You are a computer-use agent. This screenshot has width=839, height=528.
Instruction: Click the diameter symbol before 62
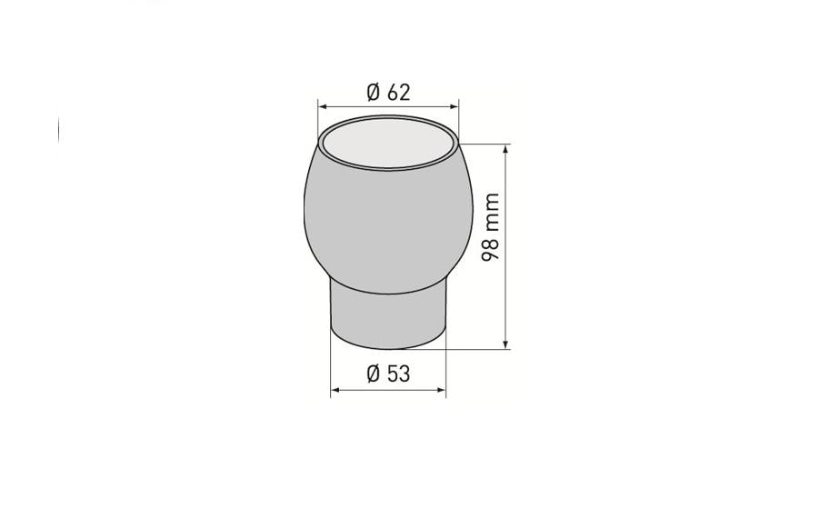coord(374,92)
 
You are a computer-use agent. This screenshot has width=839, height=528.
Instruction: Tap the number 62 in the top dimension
coord(399,92)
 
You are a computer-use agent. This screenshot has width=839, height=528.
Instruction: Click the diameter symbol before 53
coord(374,374)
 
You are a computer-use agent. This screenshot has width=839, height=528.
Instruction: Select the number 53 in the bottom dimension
coord(399,374)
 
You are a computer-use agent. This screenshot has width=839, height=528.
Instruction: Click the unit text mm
coord(491,213)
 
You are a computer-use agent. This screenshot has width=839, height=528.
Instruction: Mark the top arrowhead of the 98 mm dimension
coord(506,149)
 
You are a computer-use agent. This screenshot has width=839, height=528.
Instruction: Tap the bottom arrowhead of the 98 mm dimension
coord(506,344)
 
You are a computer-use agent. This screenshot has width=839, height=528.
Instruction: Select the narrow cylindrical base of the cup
coord(388,318)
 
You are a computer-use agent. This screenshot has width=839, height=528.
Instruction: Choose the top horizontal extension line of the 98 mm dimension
coord(486,144)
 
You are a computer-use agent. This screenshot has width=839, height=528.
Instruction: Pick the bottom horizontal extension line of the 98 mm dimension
coord(477,349)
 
